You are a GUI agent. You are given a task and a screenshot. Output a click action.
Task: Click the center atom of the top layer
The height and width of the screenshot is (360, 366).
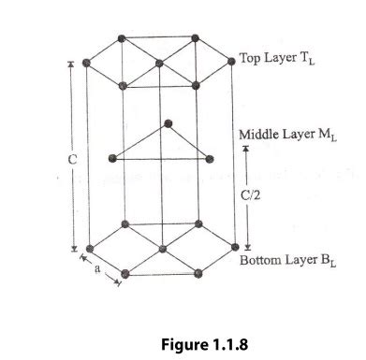(160, 64)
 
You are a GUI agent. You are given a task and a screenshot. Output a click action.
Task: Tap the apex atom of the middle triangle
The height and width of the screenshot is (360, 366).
(168, 122)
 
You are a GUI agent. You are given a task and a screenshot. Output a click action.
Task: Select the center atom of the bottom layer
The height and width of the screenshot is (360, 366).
(162, 250)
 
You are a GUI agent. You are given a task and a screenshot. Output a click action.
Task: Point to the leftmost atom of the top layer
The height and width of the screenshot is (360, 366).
(86, 63)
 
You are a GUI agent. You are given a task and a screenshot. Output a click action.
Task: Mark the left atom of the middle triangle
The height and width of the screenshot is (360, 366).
(113, 157)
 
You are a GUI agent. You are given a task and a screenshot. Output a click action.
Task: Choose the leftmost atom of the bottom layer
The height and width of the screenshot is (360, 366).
(87, 250)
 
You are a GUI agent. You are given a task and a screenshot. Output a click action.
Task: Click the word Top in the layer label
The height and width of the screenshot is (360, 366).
(251, 57)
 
